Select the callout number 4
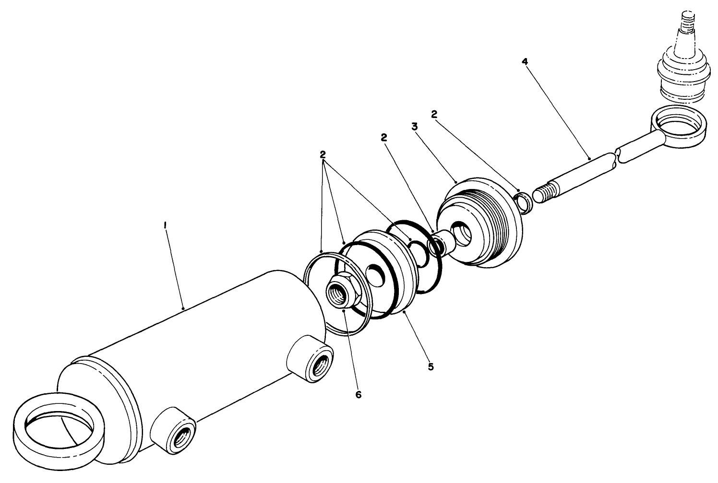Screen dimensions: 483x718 [525, 62]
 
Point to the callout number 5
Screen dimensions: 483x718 [431, 366]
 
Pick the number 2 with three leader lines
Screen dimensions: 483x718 [323, 155]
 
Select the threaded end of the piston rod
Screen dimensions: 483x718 [544, 195]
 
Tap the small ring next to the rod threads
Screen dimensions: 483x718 [524, 201]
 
